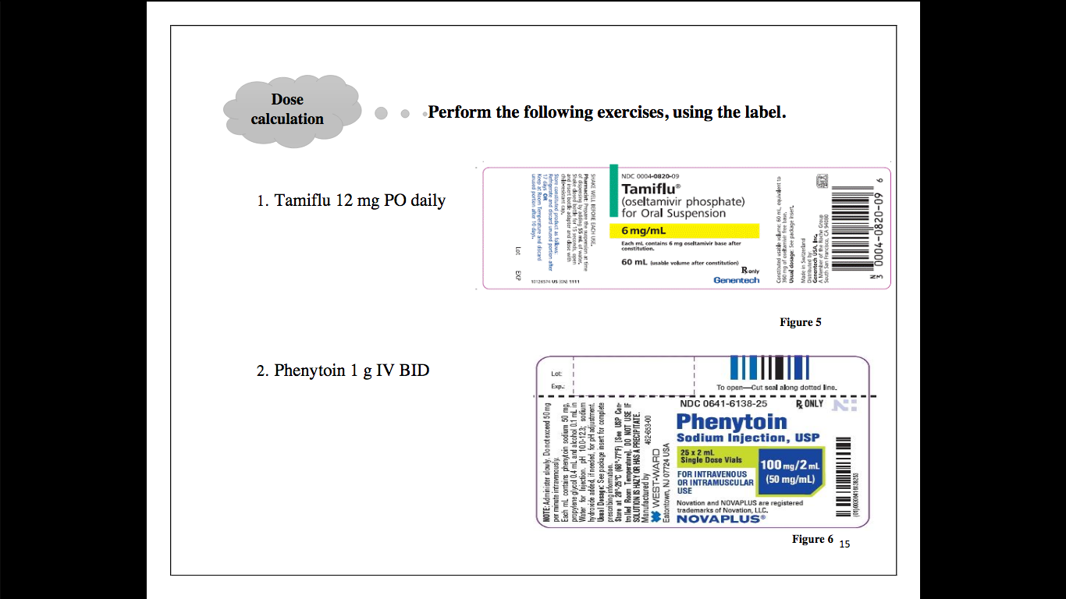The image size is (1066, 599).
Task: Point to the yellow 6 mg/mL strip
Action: tap(684, 231)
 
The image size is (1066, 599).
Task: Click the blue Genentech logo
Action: tap(736, 280)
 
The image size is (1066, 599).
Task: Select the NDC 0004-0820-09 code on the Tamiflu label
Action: tap(650, 176)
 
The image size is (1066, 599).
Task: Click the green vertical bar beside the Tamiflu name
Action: tap(613, 190)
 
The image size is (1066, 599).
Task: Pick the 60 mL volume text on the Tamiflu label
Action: tap(637, 263)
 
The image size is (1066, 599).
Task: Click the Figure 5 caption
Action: tap(800, 322)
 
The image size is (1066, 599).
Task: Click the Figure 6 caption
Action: tap(812, 539)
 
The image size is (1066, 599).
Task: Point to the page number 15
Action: tap(844, 544)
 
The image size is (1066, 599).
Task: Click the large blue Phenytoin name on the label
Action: tap(732, 422)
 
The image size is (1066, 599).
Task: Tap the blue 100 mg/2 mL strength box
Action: tap(791, 471)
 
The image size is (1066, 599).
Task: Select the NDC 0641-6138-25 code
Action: tap(723, 404)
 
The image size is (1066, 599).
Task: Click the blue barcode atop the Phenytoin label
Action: tap(769, 367)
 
